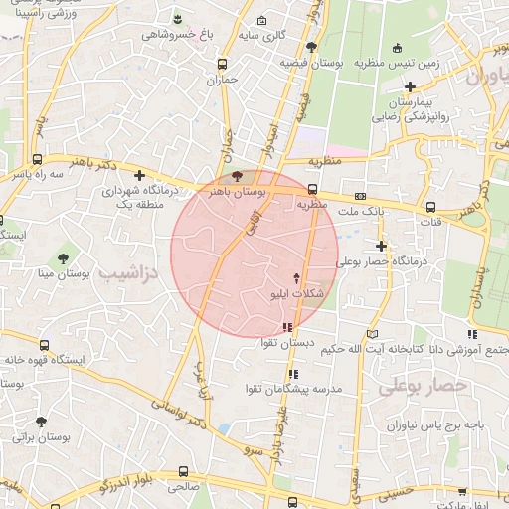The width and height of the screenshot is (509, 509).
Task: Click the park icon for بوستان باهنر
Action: [x=235, y=175]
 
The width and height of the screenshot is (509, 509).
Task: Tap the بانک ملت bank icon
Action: [x=359, y=196]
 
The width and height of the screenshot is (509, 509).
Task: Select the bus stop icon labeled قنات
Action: [x=430, y=207]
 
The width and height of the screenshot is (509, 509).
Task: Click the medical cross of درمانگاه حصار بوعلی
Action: [x=381, y=246]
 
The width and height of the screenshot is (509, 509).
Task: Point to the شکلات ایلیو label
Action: [x=296, y=295]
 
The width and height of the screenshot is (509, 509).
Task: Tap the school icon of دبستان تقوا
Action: [x=287, y=326]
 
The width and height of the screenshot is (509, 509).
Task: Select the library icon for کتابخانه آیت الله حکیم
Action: [x=372, y=334]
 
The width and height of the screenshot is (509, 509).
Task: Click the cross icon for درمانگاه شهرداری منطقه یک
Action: [x=139, y=175]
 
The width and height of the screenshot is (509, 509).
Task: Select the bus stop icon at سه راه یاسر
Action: [x=38, y=159]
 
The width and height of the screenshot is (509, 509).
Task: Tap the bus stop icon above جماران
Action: [x=222, y=64]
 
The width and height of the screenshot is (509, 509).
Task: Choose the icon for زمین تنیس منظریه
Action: [x=398, y=48]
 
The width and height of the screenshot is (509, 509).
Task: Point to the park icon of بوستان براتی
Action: [x=41, y=422]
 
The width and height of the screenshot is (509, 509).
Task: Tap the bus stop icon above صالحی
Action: [x=183, y=472]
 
